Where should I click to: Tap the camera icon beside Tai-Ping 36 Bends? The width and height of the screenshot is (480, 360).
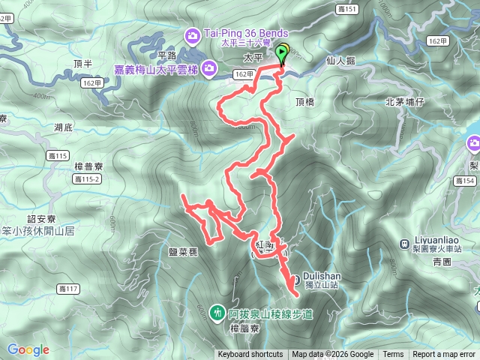tap(193, 34)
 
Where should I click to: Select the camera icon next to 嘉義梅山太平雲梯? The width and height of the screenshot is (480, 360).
tap(211, 69)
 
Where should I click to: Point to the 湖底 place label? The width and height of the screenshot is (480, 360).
tap(64, 128)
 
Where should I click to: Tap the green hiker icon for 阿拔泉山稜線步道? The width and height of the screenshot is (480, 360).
tap(217, 311)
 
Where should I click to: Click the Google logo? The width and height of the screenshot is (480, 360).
tap(28, 349)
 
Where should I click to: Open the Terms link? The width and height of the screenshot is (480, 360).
tap(393, 355)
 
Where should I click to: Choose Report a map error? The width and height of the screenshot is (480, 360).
tap(444, 355)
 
